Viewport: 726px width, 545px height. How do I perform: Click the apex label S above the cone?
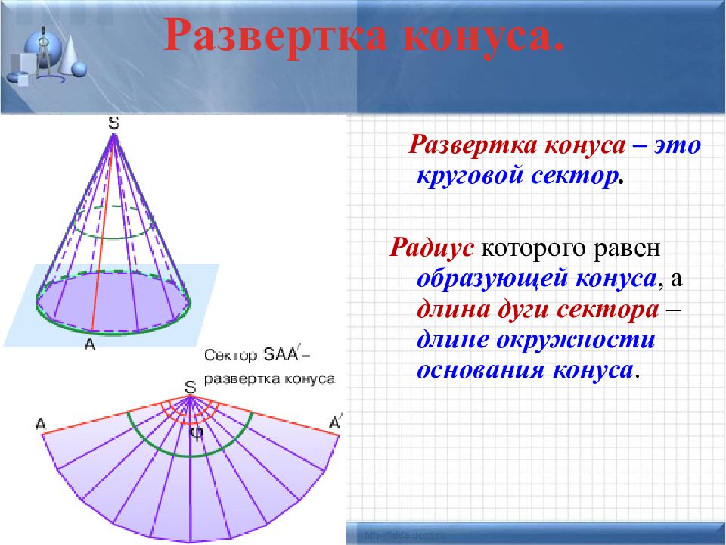(114, 123)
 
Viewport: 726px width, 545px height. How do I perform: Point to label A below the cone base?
(90, 344)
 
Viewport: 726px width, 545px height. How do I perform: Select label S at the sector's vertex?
(191, 388)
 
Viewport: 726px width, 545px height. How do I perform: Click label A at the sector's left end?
(41, 424)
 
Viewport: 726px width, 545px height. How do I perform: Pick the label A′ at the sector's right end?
(335, 422)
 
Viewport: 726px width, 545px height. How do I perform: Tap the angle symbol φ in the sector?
(197, 433)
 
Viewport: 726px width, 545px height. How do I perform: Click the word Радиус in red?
(431, 248)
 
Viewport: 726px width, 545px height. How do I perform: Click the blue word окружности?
(576, 340)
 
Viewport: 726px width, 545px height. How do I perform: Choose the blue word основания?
(481, 370)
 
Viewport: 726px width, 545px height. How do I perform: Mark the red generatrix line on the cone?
(103, 233)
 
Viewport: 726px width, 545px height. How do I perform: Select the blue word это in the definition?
(678, 146)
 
